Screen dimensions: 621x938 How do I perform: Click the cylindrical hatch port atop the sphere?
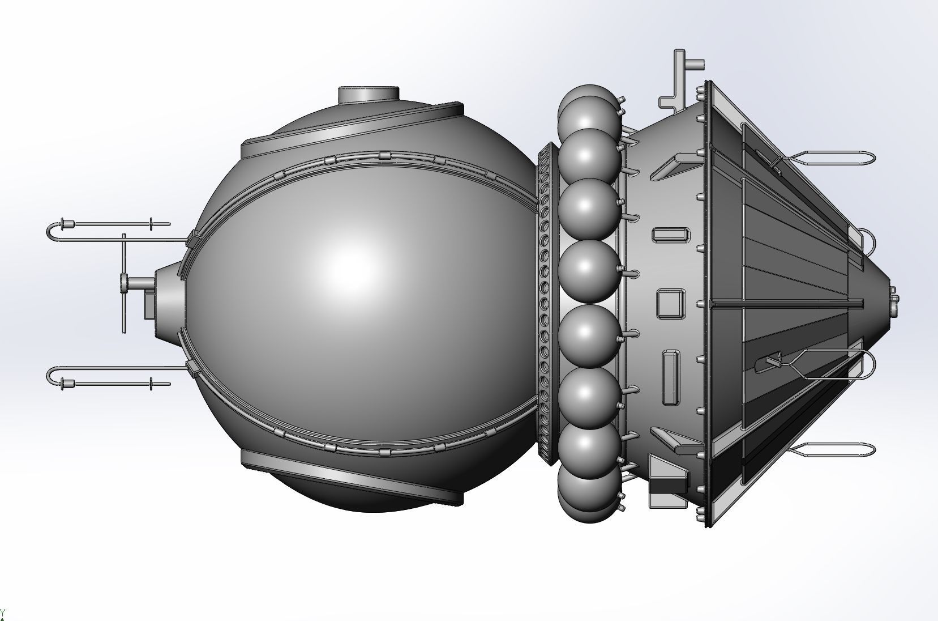point(369,95)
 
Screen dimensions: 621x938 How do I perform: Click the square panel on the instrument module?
point(671,303)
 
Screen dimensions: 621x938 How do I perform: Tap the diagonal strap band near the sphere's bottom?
point(351,476)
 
